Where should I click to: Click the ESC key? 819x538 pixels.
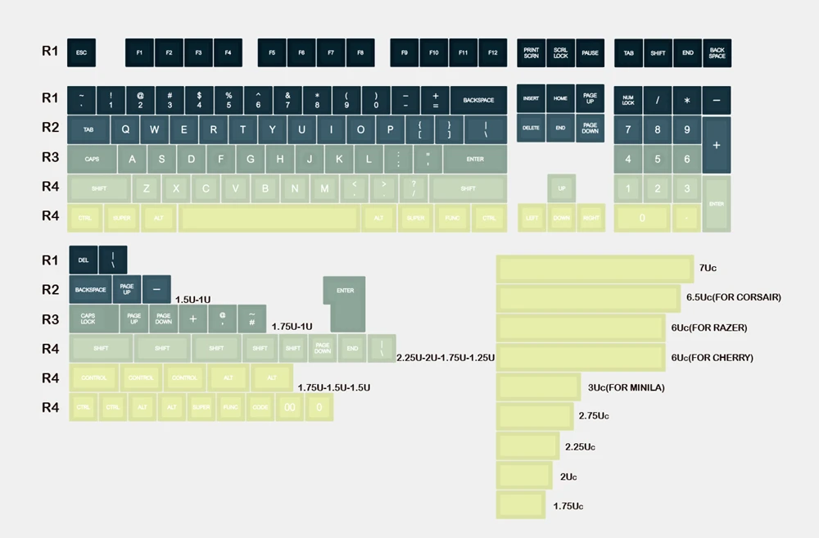(81, 53)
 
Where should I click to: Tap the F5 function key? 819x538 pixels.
(272, 53)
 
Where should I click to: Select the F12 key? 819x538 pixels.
(492, 53)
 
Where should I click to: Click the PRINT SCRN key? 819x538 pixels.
(532, 53)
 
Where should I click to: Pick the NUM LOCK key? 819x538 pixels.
(628, 100)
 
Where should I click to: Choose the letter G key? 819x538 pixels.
(251, 159)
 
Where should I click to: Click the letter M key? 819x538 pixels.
(324, 188)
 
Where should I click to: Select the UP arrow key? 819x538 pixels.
(561, 188)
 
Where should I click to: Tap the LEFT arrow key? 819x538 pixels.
(532, 219)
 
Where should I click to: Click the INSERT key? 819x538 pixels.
(531, 98)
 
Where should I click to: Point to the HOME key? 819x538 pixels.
(560, 98)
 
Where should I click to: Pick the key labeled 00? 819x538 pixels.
(289, 407)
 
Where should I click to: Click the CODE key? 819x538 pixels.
(260, 407)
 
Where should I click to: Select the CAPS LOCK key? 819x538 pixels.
(88, 319)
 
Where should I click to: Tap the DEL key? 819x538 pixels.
(83, 260)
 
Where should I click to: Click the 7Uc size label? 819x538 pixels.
(708, 268)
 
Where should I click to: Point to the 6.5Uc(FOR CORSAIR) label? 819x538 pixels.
(733, 297)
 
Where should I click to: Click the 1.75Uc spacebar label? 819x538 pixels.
(568, 506)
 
